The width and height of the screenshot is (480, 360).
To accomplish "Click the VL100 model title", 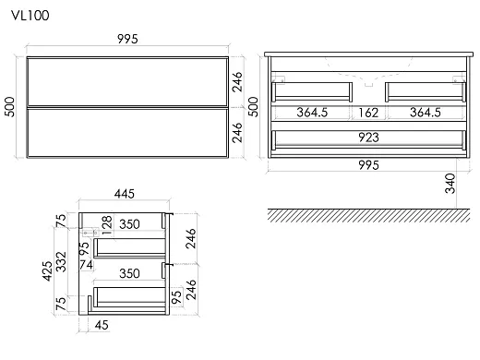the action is [x=30, y=16].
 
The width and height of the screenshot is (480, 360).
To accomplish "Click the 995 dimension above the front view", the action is [x=127, y=39].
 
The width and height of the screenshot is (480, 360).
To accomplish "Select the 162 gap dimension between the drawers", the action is [x=368, y=113].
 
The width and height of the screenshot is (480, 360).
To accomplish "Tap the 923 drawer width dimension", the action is [x=368, y=138].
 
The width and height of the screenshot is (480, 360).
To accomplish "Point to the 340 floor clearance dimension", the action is [x=450, y=184].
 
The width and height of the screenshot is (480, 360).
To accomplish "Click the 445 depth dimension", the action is [x=125, y=194].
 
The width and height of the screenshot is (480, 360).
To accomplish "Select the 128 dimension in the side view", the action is [x=106, y=225].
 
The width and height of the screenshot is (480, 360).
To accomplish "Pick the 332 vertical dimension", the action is [x=61, y=262].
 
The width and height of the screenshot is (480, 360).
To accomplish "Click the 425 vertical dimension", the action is [x=47, y=270].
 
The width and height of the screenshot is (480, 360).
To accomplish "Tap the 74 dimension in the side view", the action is [x=86, y=265].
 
